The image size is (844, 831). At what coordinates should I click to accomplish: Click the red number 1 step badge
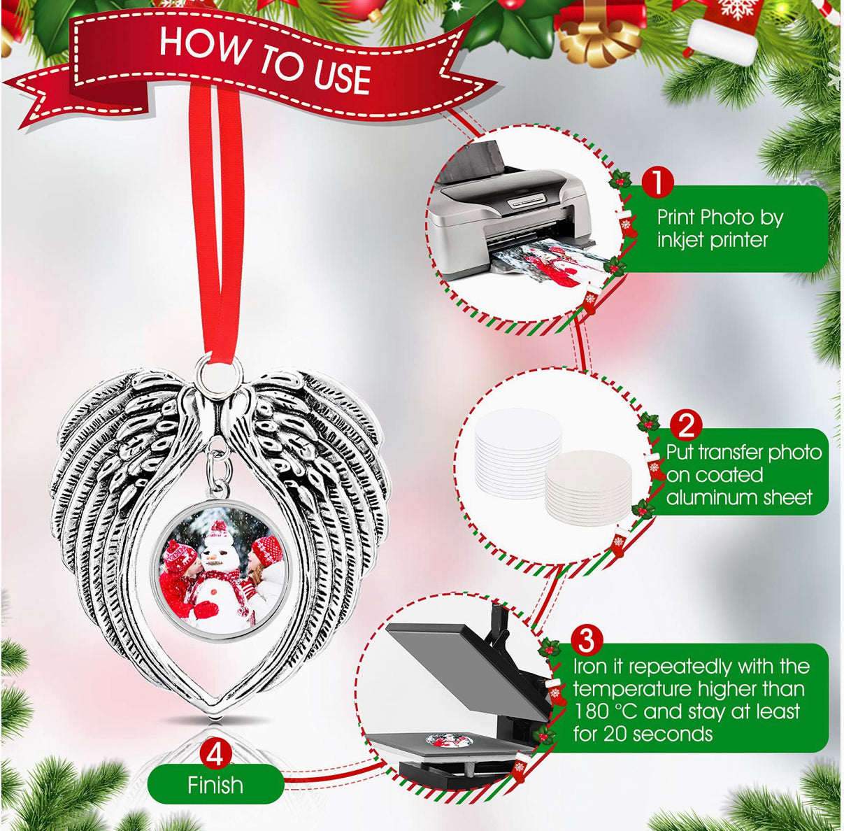[657, 182]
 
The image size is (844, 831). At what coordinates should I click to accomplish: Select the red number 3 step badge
[586, 641]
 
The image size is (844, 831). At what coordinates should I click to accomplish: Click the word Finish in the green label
[215, 785]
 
